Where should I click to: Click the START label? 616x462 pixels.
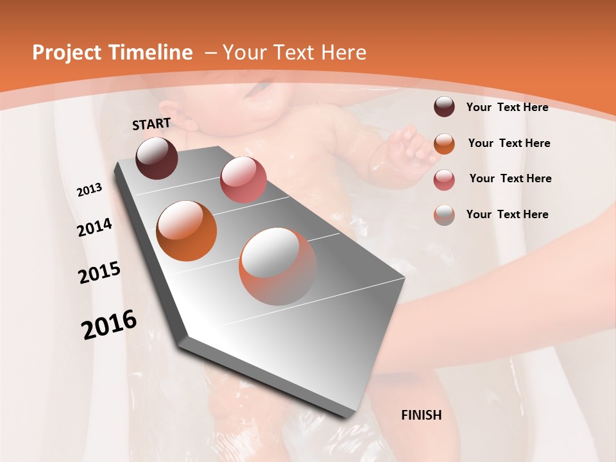[151, 124]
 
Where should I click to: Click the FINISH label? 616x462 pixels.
[422, 415]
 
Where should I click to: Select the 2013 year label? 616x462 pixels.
[89, 190]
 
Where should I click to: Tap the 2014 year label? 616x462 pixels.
[94, 227]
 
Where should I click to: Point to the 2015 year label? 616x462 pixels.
[99, 273]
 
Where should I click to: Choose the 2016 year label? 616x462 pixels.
[109, 324]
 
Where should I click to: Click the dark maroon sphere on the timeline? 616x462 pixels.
[157, 158]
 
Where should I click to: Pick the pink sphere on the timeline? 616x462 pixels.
[243, 179]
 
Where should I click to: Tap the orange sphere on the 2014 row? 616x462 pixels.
[187, 231]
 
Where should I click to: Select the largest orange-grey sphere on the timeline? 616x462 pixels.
[278, 266]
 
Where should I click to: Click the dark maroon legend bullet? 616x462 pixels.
[444, 107]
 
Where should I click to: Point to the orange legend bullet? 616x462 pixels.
[444, 144]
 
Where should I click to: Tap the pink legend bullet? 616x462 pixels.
[444, 180]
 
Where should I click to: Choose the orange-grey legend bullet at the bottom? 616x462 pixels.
[444, 215]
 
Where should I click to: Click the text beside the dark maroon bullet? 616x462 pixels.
[507, 107]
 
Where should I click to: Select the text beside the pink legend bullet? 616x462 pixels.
[510, 178]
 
